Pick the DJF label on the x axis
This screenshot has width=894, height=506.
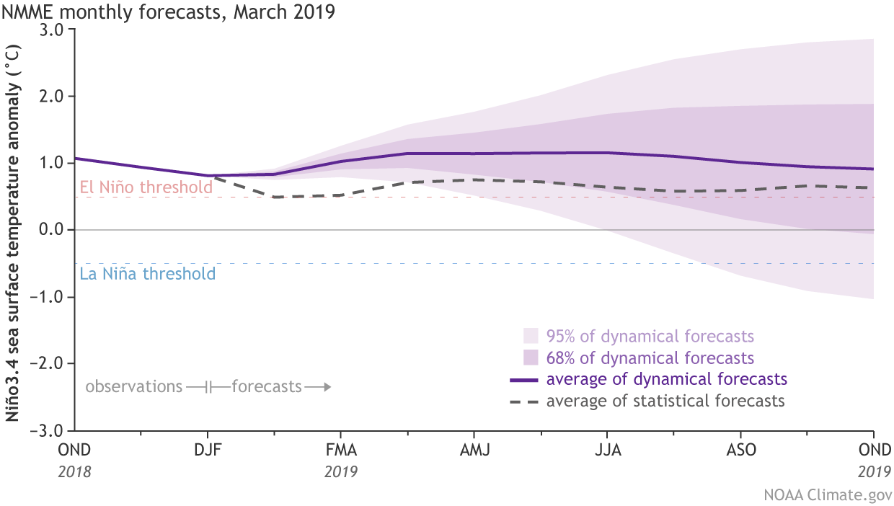pyautogui.click(x=208, y=450)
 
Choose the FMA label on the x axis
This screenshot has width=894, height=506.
pyautogui.click(x=341, y=450)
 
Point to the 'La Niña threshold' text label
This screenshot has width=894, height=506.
pyautogui.click(x=148, y=274)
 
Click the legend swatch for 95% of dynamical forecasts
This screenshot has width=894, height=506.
pyautogui.click(x=531, y=336)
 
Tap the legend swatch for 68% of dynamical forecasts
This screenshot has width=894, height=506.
pyautogui.click(x=531, y=358)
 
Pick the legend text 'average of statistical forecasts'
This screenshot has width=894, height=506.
pyautogui.click(x=665, y=401)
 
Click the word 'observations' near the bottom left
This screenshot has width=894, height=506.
pyautogui.click(x=133, y=387)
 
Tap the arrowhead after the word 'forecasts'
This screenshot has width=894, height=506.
pyautogui.click(x=327, y=387)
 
